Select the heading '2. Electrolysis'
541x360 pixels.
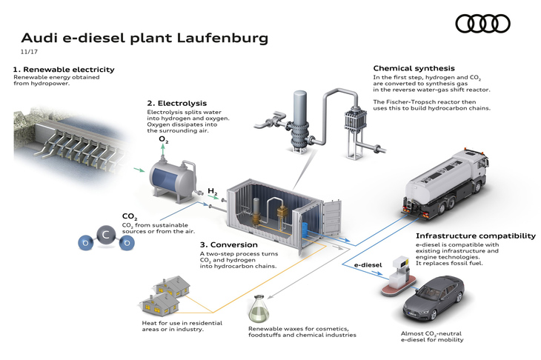(176, 103)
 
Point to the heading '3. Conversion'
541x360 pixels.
(228, 244)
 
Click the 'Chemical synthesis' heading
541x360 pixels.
(414, 69)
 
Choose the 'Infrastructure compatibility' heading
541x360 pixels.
(475, 236)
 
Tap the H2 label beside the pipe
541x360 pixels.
(212, 190)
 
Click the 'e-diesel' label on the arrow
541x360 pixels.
(366, 264)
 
